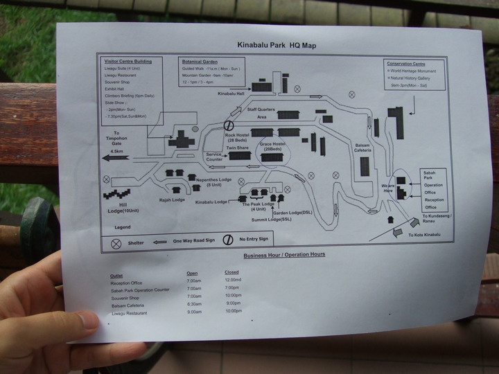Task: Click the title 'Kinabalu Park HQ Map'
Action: (x=275, y=45)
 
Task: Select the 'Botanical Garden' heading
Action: (x=200, y=61)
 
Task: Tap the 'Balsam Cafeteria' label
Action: (x=362, y=148)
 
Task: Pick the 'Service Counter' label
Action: (x=214, y=157)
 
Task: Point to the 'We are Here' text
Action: (x=387, y=188)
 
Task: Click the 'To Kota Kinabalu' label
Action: (x=424, y=235)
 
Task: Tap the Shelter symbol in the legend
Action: (x=116, y=243)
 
